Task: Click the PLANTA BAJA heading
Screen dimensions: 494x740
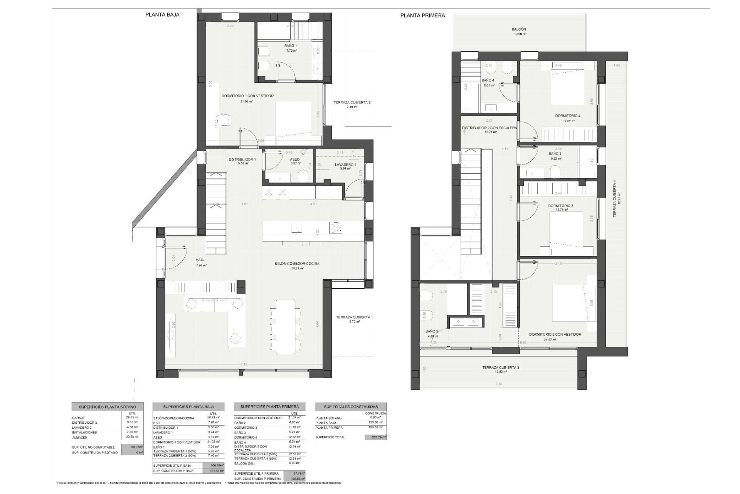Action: click(162, 15)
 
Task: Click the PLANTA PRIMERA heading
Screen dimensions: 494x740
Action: click(422, 15)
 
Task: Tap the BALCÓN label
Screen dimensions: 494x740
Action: click(519, 29)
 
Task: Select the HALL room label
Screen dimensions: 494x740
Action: click(200, 260)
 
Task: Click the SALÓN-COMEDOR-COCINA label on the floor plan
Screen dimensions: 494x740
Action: click(297, 264)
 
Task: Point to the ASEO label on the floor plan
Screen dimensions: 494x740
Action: click(294, 159)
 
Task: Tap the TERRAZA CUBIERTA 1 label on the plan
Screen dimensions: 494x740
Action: click(354, 317)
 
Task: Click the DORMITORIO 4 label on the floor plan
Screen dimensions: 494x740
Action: click(568, 115)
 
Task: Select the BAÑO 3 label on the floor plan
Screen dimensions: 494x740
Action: click(555, 153)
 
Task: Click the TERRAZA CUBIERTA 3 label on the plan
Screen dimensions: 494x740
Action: click(500, 367)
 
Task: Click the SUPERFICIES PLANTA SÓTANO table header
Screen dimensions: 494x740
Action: click(108, 407)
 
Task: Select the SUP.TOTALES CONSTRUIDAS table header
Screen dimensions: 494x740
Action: click(350, 407)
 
